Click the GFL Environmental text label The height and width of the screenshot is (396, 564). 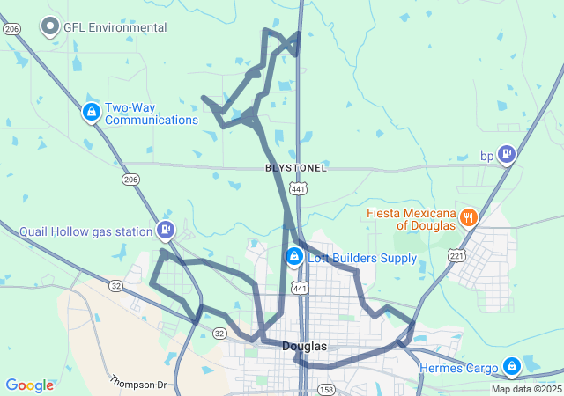tap(115, 27)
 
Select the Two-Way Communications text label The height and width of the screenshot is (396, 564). tap(151, 114)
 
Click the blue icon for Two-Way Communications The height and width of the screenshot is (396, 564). tap(91, 112)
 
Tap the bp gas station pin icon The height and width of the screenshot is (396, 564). tap(506, 156)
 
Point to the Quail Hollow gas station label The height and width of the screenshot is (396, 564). tap(86, 232)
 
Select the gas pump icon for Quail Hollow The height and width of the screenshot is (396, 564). tap(165, 231)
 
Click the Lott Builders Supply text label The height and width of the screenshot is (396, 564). tap(362, 258)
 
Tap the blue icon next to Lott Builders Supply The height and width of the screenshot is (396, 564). tap(293, 257)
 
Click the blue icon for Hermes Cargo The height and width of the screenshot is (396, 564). tap(512, 365)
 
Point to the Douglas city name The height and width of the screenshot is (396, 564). tap(305, 347)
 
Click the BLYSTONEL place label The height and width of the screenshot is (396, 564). tap(296, 167)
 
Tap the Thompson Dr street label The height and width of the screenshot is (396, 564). tap(137, 383)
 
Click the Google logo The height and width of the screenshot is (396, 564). tap(29, 385)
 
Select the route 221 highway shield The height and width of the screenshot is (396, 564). tap(456, 256)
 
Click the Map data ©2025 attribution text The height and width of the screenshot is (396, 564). tap(525, 389)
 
